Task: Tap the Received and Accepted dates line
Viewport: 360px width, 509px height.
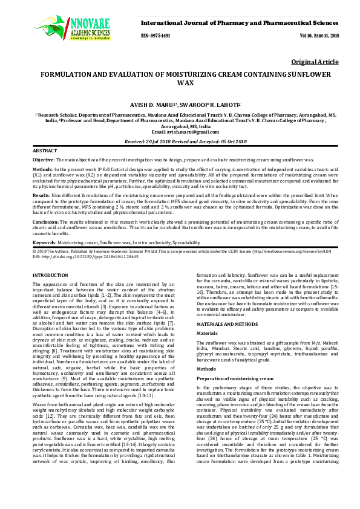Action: coord(180,140)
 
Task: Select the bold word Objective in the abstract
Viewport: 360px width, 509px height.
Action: coord(44,159)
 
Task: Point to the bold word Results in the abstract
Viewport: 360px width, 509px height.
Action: coord(41,196)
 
